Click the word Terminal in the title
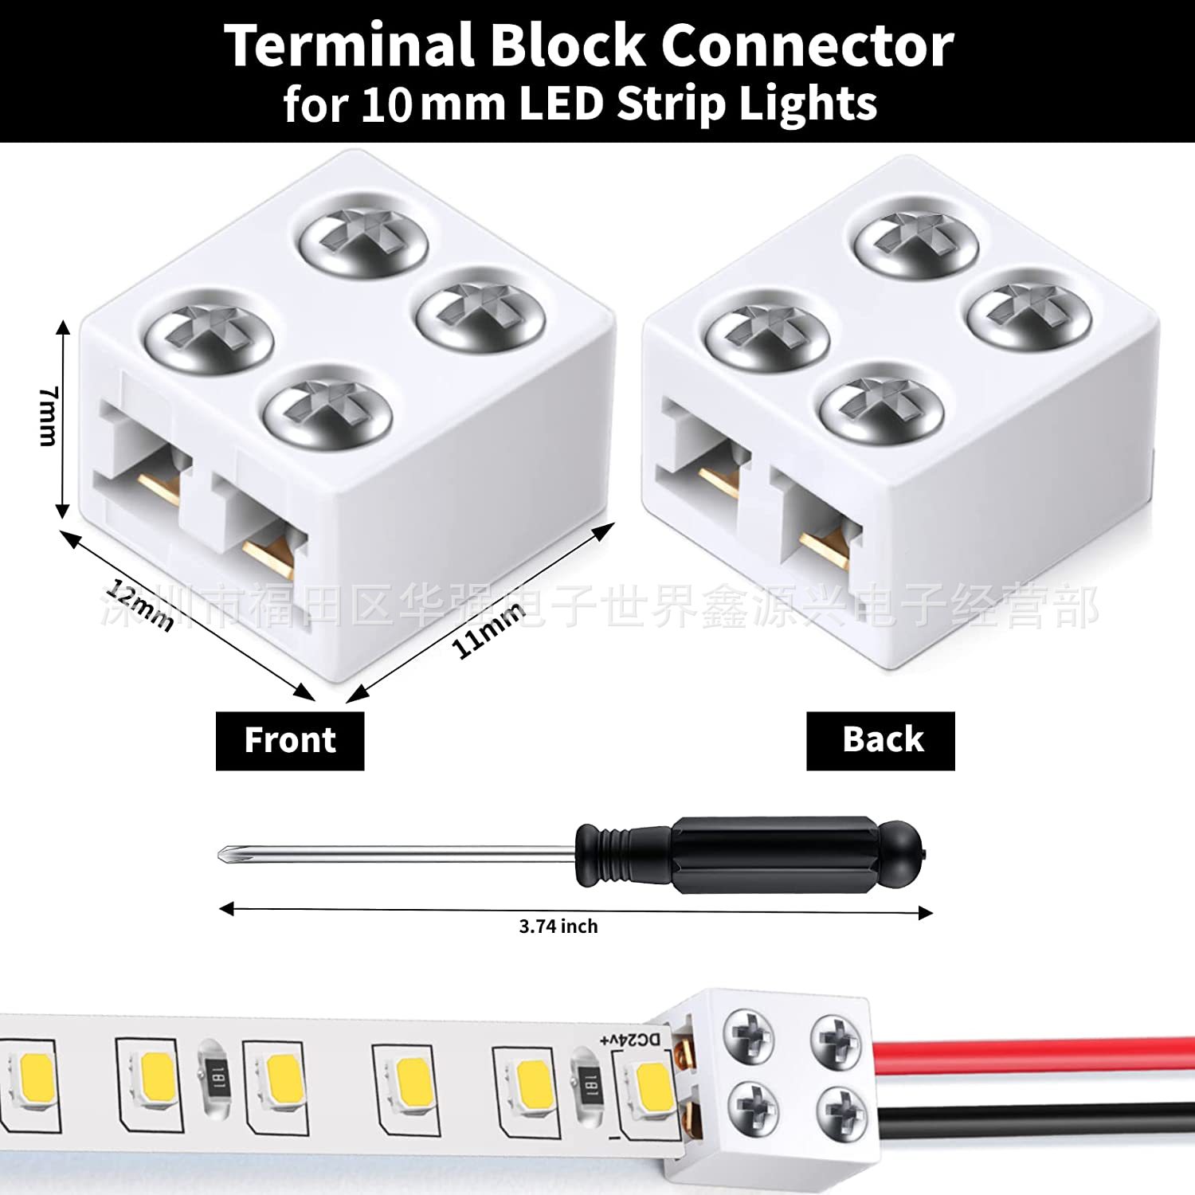348,45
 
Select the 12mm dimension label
139,606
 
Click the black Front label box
290,740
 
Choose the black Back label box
880,740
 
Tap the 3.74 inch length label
558,927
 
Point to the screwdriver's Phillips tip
227,854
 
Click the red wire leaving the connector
1036,1052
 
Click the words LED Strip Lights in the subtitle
698,104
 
